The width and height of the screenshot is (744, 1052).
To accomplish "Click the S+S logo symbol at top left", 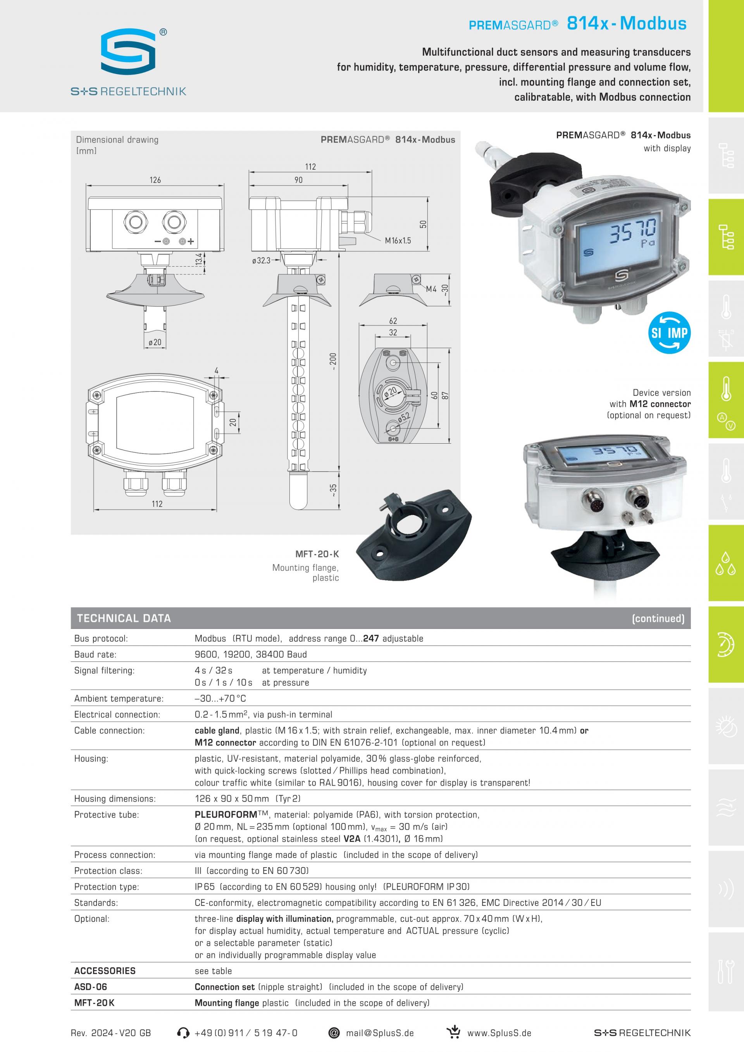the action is pyautogui.click(x=128, y=51).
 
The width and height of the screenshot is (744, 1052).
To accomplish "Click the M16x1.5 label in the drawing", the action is pyautogui.click(x=398, y=241).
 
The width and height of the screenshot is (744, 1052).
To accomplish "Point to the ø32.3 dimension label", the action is pyautogui.click(x=261, y=261).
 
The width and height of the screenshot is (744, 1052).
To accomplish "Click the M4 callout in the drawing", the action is pyautogui.click(x=431, y=289).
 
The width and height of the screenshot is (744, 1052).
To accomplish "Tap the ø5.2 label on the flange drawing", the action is pyautogui.click(x=404, y=417).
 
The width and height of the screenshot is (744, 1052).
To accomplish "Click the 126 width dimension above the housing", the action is pyautogui.click(x=155, y=180).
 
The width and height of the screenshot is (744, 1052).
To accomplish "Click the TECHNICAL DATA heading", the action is pyautogui.click(x=124, y=618).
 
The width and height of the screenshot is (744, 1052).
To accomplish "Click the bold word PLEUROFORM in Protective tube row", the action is pyautogui.click(x=226, y=814).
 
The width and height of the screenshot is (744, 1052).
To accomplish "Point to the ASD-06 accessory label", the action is pyautogui.click(x=90, y=987).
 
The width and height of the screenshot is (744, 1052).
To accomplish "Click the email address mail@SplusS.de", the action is pyautogui.click(x=380, y=1033).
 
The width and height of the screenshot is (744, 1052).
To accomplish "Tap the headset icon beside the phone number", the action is pyautogui.click(x=183, y=1033).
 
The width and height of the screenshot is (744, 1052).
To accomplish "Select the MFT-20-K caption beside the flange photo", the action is pyautogui.click(x=317, y=554).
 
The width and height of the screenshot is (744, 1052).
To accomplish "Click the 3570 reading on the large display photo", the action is pyautogui.click(x=633, y=231).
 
